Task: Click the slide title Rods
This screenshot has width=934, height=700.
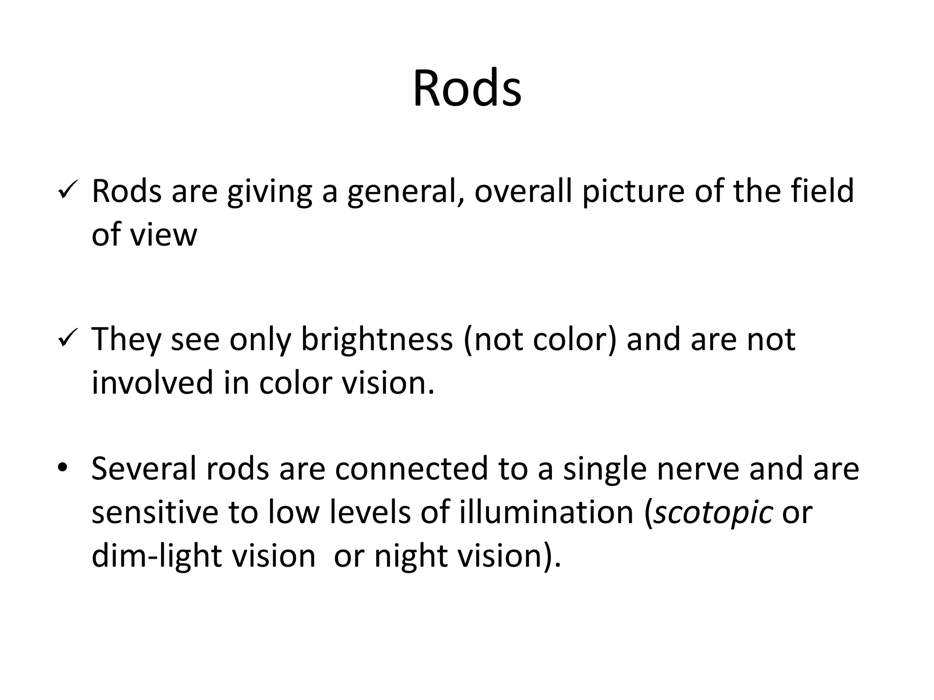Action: [x=467, y=88]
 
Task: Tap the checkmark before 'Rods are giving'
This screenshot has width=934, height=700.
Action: [x=68, y=192]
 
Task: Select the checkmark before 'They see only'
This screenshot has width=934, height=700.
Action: [x=68, y=340]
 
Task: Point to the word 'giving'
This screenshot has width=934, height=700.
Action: [x=269, y=191]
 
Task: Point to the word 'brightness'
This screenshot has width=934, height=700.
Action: [x=377, y=340]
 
